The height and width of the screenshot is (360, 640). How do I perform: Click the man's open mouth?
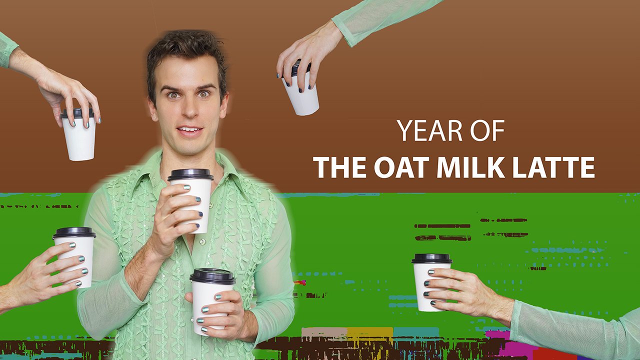tap(189, 131)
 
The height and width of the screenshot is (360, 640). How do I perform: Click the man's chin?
tap(190, 147)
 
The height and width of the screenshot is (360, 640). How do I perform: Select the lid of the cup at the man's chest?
tap(190, 174)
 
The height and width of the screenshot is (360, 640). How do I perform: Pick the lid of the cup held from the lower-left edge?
tap(74, 232)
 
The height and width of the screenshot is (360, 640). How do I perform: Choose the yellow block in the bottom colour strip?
tap(369, 332)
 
